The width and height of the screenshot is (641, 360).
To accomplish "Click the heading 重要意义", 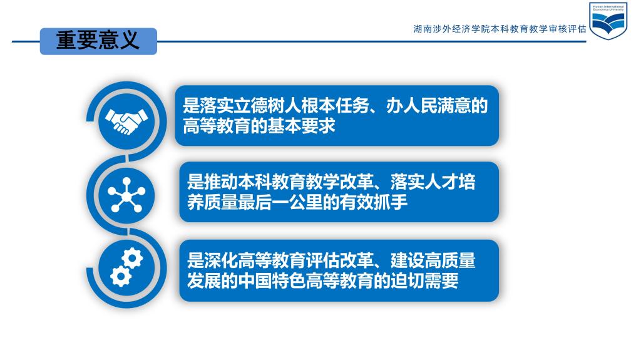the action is (98, 41).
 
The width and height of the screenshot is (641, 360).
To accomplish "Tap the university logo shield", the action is (608, 21).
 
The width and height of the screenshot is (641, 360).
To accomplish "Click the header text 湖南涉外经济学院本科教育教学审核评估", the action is (500, 29).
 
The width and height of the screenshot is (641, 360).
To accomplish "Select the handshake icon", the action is (126, 121).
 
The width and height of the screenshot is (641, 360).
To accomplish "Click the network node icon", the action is (126, 195).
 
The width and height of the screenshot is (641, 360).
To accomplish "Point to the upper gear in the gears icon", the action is (132, 259).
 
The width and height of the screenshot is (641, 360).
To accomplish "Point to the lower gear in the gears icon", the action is (121, 276).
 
